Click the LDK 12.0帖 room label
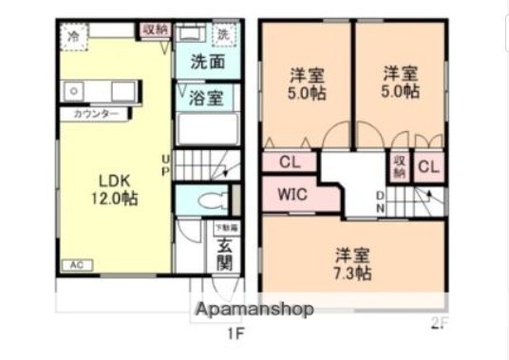pos(114,189)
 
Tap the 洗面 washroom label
pos(207,64)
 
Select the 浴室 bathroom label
pos(207,98)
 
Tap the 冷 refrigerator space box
pos(73,36)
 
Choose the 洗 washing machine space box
pos(224,36)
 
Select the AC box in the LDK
pos(73,265)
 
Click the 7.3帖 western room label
pos(351,264)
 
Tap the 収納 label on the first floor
pos(155,29)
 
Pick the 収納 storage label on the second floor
pos(400,166)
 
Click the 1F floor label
pos(236,333)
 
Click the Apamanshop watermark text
pos(254,310)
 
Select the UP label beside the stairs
pos(166,164)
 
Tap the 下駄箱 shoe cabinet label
pos(225,228)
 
